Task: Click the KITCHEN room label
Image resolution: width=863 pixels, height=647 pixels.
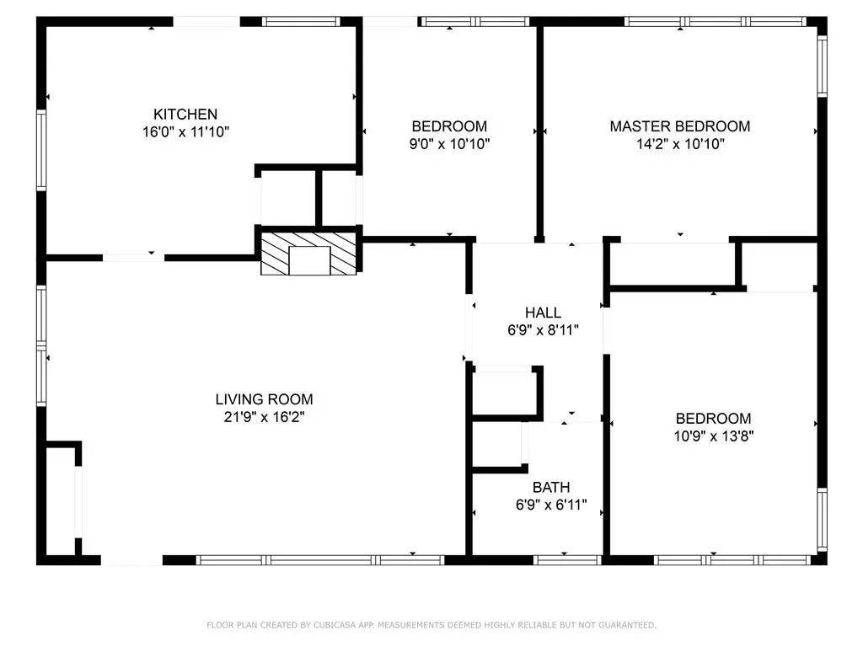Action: [x=185, y=114]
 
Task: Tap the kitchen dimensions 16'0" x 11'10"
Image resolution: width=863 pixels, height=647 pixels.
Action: [x=185, y=131]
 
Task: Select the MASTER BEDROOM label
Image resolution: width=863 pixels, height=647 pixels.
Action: [x=679, y=126]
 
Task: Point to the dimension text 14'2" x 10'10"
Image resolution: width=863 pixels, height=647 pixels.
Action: [x=679, y=144]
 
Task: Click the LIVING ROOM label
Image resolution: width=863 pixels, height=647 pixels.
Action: [x=264, y=399]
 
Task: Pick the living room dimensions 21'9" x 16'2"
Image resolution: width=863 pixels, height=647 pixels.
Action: [x=264, y=417]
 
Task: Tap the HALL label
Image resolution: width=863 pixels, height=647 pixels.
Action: [x=543, y=313]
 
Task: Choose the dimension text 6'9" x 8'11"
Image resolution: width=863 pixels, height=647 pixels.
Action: [x=543, y=330]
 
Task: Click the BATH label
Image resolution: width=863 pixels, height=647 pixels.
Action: [x=551, y=487]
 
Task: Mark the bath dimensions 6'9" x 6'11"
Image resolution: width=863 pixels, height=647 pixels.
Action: [x=551, y=505]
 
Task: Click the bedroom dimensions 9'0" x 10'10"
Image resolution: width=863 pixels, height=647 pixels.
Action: [x=449, y=144]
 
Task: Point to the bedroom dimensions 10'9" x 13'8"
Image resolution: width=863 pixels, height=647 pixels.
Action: [x=713, y=436]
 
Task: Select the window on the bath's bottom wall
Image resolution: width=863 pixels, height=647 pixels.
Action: [x=568, y=559]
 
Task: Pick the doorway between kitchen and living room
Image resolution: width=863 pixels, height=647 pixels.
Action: [x=133, y=257]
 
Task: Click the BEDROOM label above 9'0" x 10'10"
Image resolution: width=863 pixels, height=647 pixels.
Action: [x=449, y=126]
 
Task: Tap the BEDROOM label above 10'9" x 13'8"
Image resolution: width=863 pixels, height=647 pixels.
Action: [x=713, y=419]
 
